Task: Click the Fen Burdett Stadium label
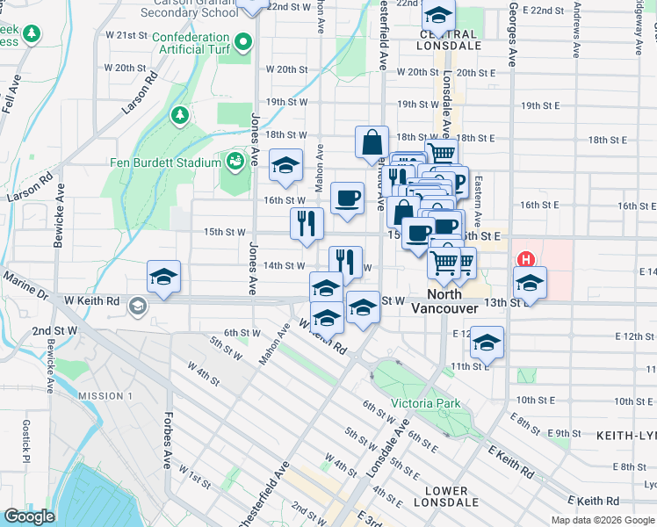(164, 162)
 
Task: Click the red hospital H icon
(526, 260)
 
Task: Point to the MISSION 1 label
(105, 395)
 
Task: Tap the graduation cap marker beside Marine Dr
(164, 277)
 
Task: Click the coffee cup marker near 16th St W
(348, 199)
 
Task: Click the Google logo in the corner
(29, 516)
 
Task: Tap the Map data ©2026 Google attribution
(603, 520)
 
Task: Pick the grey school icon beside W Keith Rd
(137, 306)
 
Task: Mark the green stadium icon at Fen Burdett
(235, 162)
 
